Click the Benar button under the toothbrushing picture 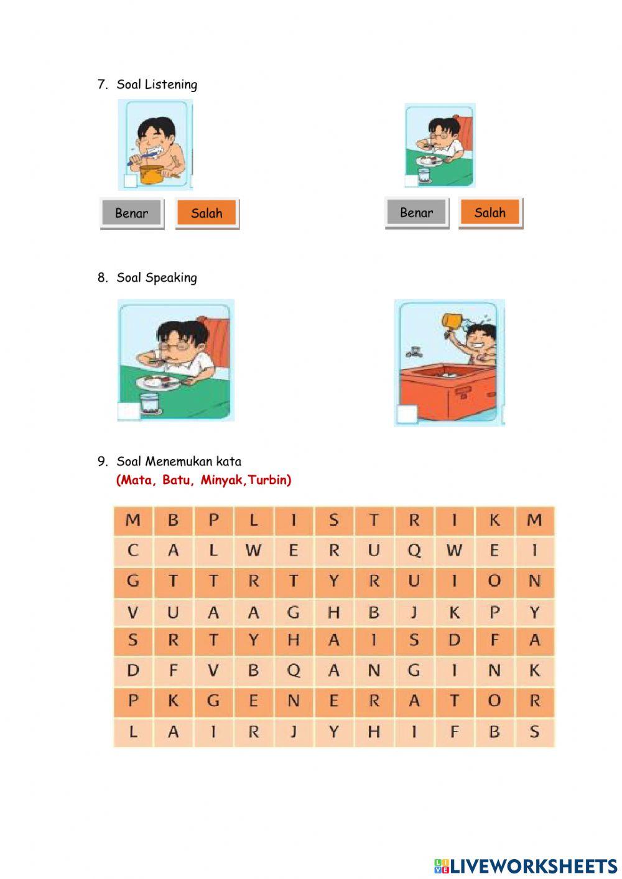[132, 213]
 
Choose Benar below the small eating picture [416, 213]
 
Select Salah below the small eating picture [490, 213]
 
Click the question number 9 [103, 462]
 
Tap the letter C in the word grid [133, 551]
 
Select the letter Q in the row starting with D [294, 671]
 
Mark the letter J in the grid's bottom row [294, 732]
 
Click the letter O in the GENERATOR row [494, 701]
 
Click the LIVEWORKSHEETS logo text [534, 865]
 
